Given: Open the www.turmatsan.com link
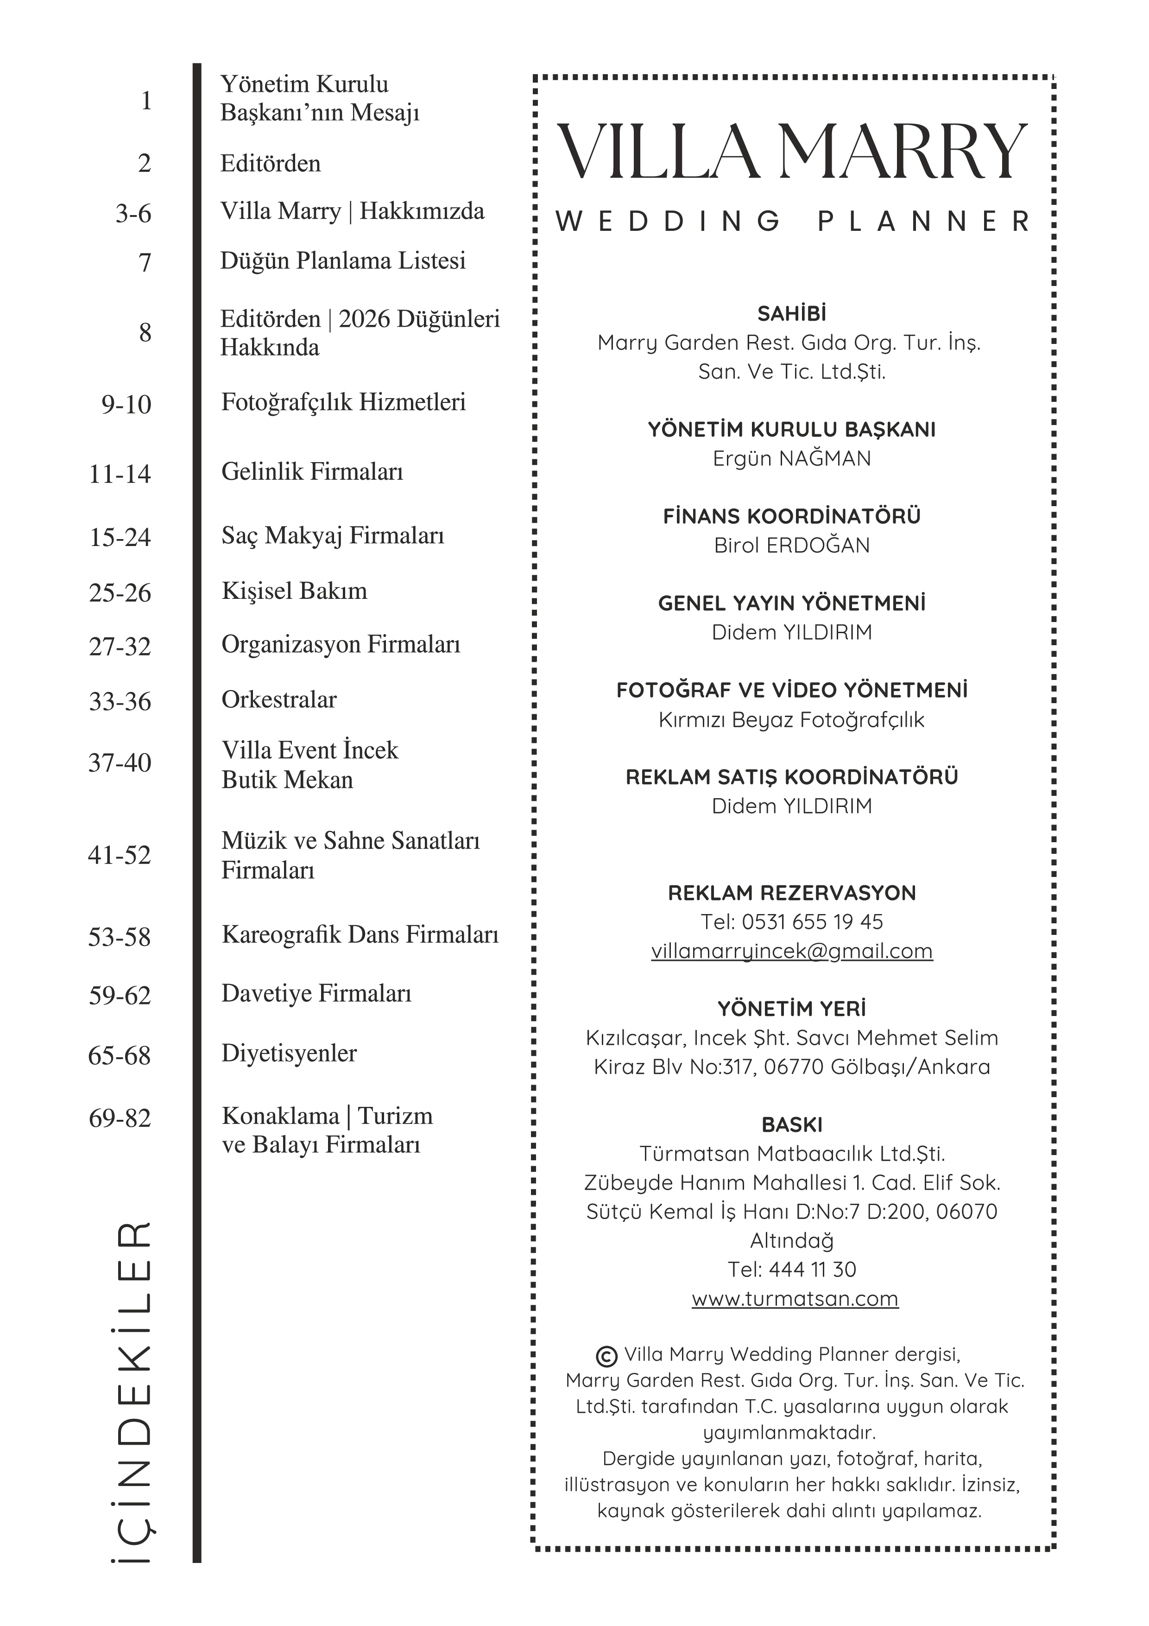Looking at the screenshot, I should [794, 1298].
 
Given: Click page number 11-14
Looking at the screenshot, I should [120, 474].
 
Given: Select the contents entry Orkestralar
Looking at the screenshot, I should [279, 700].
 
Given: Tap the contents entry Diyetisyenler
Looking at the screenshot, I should [289, 1053].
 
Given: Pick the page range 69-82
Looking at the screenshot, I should [120, 1118].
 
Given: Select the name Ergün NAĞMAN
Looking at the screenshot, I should [791, 458].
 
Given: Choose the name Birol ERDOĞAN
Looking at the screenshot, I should [791, 545].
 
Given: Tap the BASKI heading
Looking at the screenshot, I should [791, 1124].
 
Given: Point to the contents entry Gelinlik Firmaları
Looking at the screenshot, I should [312, 472].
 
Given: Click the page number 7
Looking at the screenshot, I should [145, 263].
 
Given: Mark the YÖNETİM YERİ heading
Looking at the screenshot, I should [791, 1009].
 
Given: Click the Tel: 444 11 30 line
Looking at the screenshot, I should [791, 1269].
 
